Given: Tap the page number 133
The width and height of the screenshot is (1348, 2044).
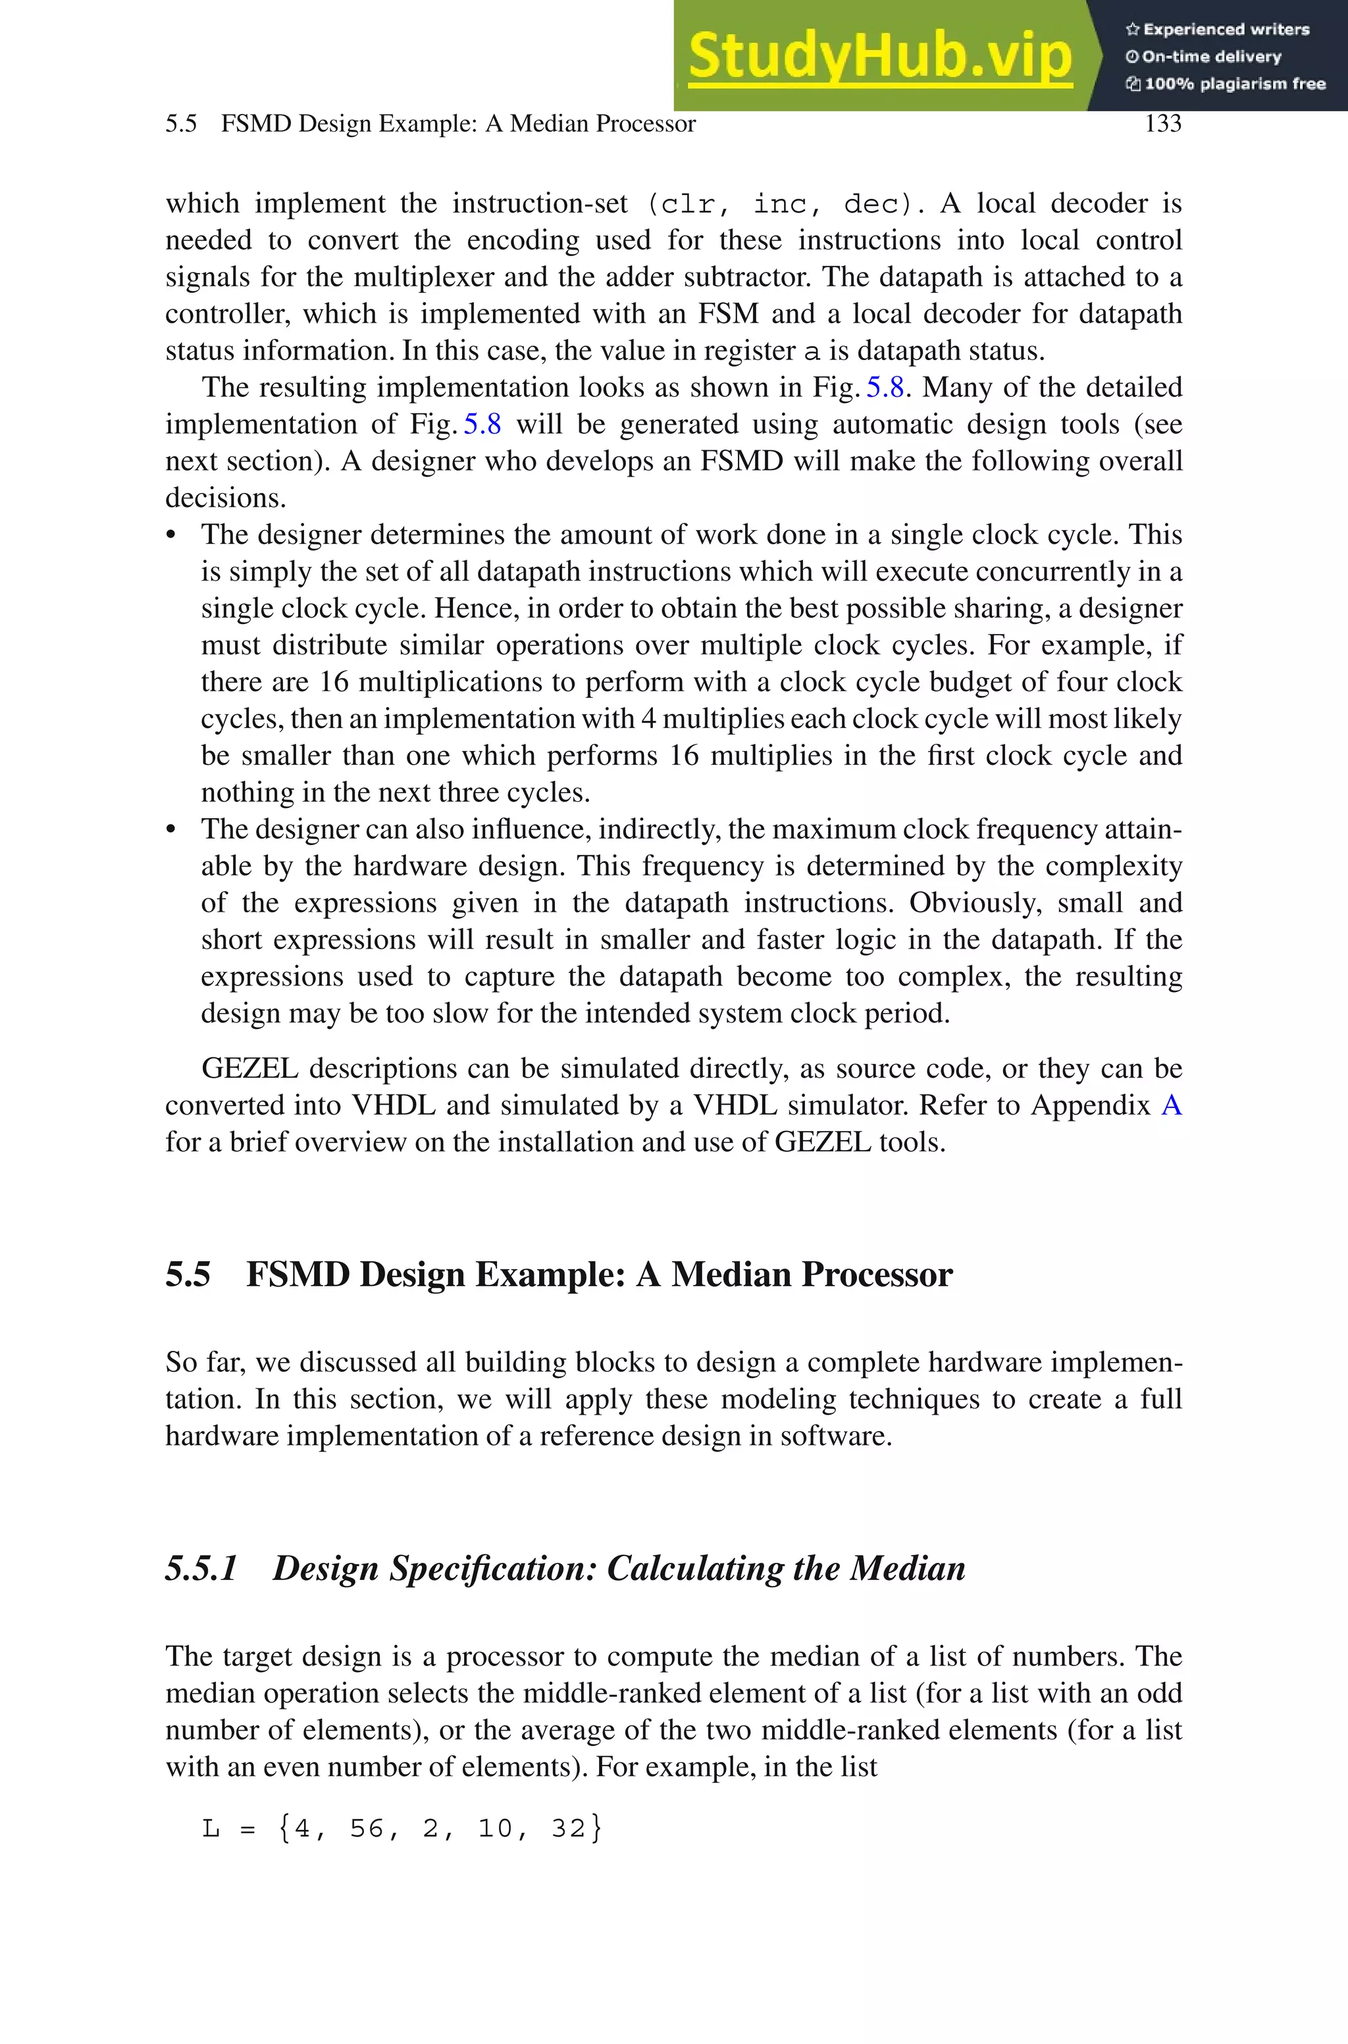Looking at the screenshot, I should click(1162, 124).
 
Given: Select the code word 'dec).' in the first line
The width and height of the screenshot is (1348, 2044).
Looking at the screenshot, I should click(885, 205).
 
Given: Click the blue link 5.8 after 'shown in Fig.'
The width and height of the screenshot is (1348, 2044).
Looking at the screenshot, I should click(885, 388).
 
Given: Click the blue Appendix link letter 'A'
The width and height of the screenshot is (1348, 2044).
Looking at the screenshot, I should click(1171, 1105).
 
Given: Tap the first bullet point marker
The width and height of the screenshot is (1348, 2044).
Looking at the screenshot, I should click(171, 535).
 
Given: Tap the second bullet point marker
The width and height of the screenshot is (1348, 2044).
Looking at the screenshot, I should click(171, 830).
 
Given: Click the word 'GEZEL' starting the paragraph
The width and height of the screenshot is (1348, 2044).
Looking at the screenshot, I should click(249, 1068).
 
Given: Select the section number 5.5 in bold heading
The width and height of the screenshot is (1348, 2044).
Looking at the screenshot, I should click(188, 1274).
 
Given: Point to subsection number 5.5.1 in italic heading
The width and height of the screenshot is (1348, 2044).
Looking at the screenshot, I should click(201, 1569).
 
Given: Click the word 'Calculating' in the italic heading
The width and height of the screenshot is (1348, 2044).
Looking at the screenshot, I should click(694, 1569).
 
